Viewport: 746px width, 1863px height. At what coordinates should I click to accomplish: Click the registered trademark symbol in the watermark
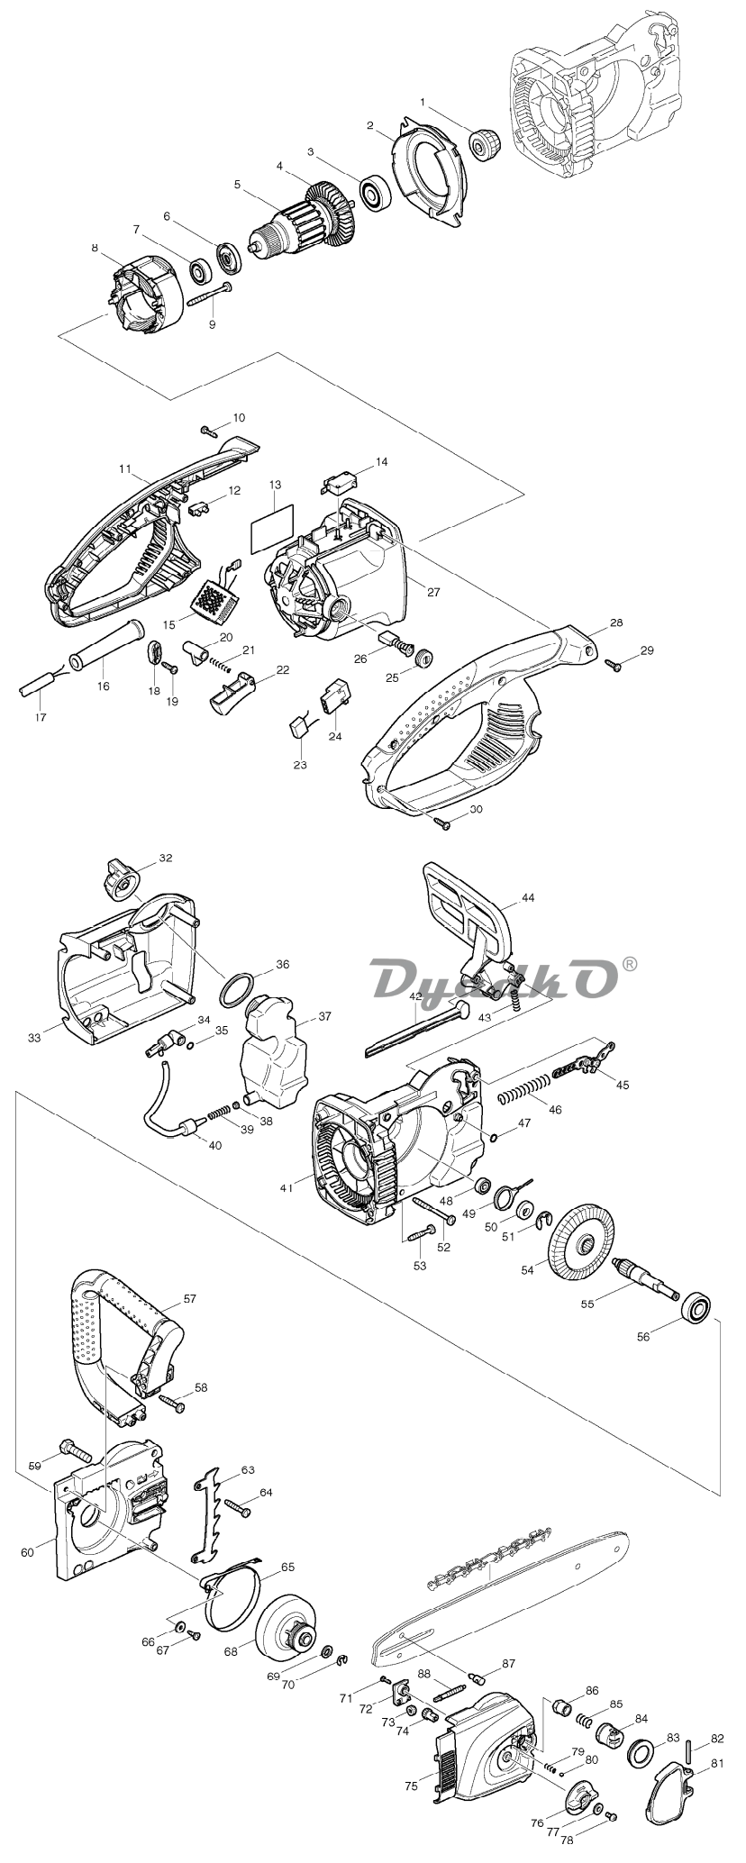[x=629, y=964]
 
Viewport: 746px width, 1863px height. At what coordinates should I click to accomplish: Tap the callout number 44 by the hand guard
[x=528, y=898]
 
